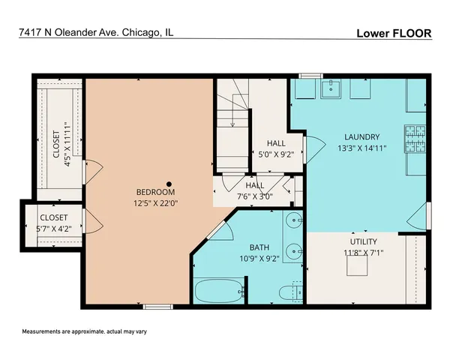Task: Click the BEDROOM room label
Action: [x=156, y=191]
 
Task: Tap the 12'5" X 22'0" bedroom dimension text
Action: [x=156, y=202]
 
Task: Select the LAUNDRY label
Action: [x=362, y=136]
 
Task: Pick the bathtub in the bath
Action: [x=218, y=290]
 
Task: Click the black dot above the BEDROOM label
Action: [x=169, y=183]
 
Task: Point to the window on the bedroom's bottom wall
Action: [x=155, y=306]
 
